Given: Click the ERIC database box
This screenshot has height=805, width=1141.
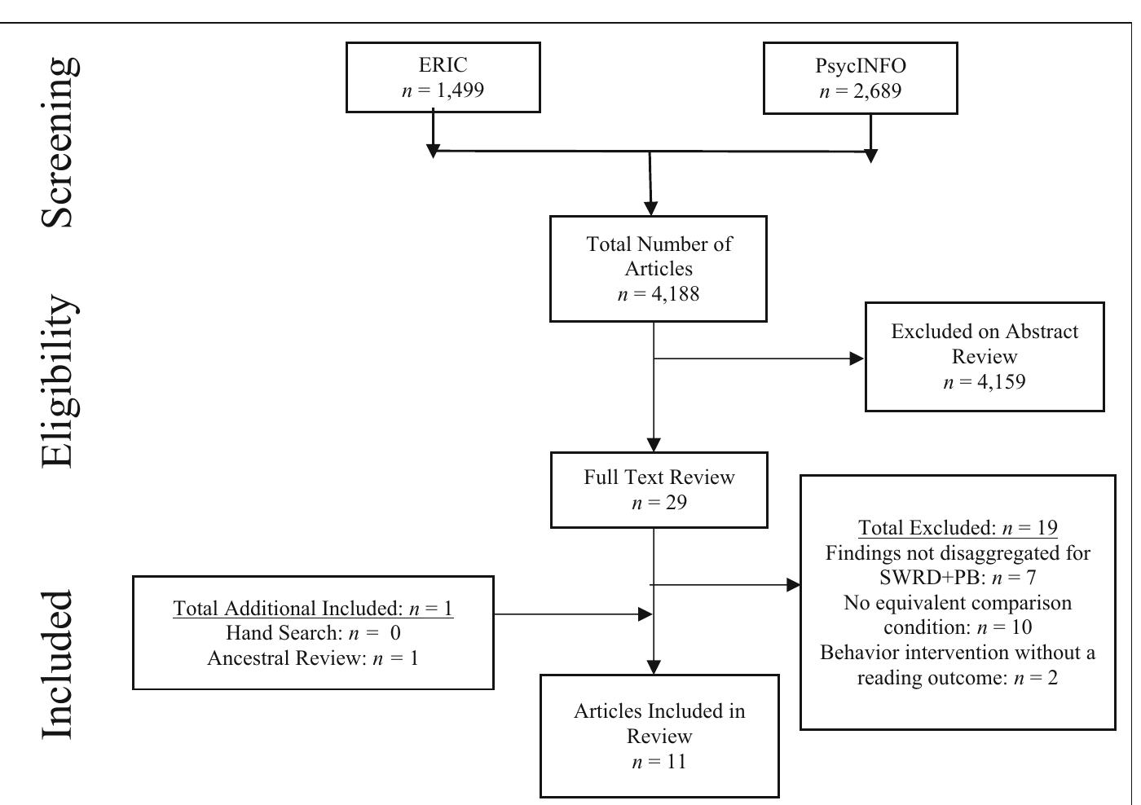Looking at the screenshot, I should tap(443, 77).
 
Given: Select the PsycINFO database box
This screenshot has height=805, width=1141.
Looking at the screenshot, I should tap(860, 78).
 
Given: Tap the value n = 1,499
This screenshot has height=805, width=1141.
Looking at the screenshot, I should tap(443, 90).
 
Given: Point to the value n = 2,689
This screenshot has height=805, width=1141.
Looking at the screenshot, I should tap(860, 91).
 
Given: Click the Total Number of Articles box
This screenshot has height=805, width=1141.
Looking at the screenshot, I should tap(658, 269).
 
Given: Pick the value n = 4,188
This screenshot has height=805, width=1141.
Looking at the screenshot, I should tap(659, 294).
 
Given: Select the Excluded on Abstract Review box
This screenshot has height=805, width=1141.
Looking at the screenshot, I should tap(984, 357).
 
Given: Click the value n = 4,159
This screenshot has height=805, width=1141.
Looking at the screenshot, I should tap(984, 381).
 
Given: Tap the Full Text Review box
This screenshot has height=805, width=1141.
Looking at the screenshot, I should tap(659, 490).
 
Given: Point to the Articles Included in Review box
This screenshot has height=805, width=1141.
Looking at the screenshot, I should tap(659, 736).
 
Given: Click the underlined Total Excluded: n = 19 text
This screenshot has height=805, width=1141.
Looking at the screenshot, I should tap(958, 528).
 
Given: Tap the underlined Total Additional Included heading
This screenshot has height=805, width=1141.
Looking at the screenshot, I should tap(313, 609).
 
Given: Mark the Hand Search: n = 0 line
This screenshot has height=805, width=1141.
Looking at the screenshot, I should tap(313, 633).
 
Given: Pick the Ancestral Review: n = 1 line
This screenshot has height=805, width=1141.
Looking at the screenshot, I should tap(313, 658).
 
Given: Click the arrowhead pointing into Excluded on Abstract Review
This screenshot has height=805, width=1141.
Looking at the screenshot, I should tap(857, 359).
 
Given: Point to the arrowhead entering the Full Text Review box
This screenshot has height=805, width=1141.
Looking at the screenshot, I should tap(654, 445).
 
